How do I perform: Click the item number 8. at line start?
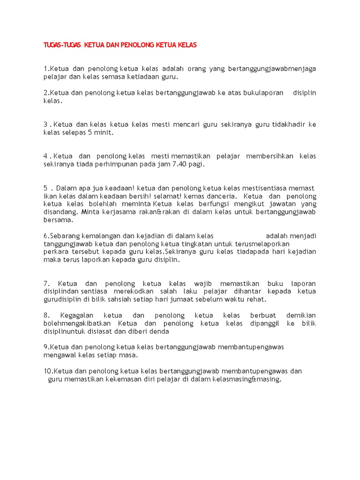click(x=47, y=315)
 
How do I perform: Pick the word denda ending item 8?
click(x=159, y=331)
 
